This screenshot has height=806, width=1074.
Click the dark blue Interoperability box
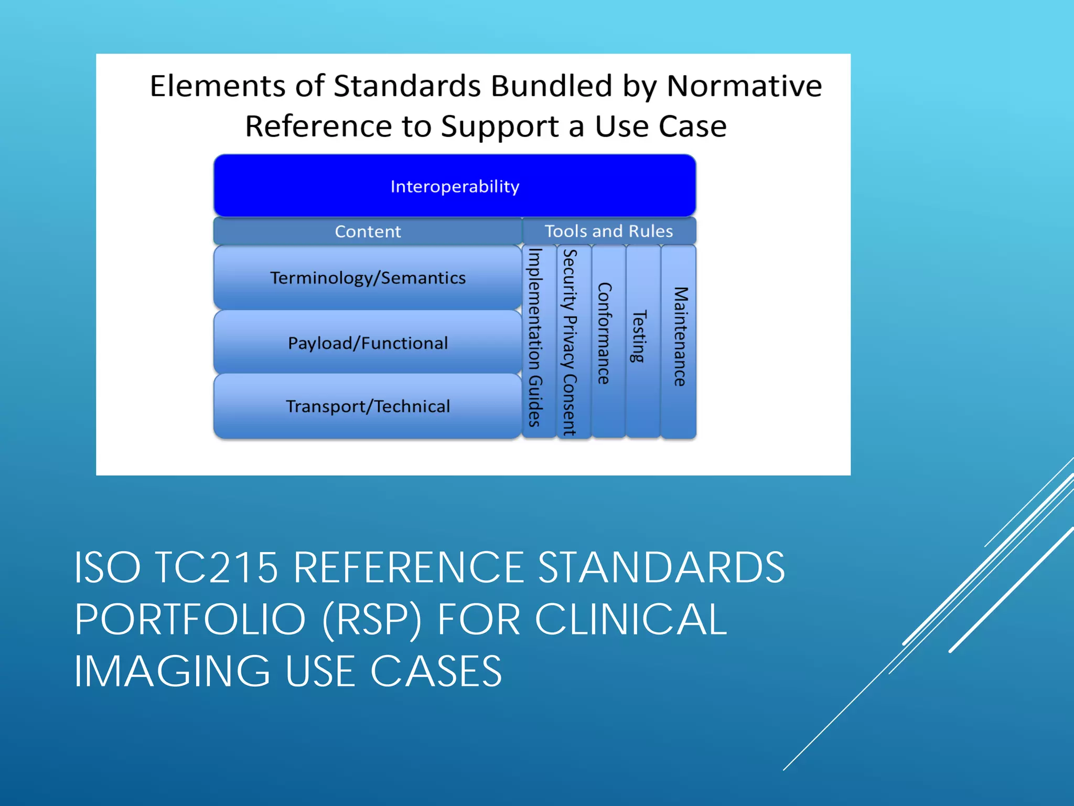(455, 186)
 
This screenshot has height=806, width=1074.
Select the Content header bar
(368, 231)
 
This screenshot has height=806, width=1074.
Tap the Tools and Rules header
(609, 231)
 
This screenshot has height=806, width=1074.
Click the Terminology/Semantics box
(368, 278)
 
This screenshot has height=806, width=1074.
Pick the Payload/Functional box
(368, 343)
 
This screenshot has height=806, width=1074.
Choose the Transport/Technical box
(368, 406)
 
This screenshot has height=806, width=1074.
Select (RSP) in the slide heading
(372, 620)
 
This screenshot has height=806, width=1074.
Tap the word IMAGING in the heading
(172, 672)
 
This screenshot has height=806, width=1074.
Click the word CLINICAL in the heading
(631, 620)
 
